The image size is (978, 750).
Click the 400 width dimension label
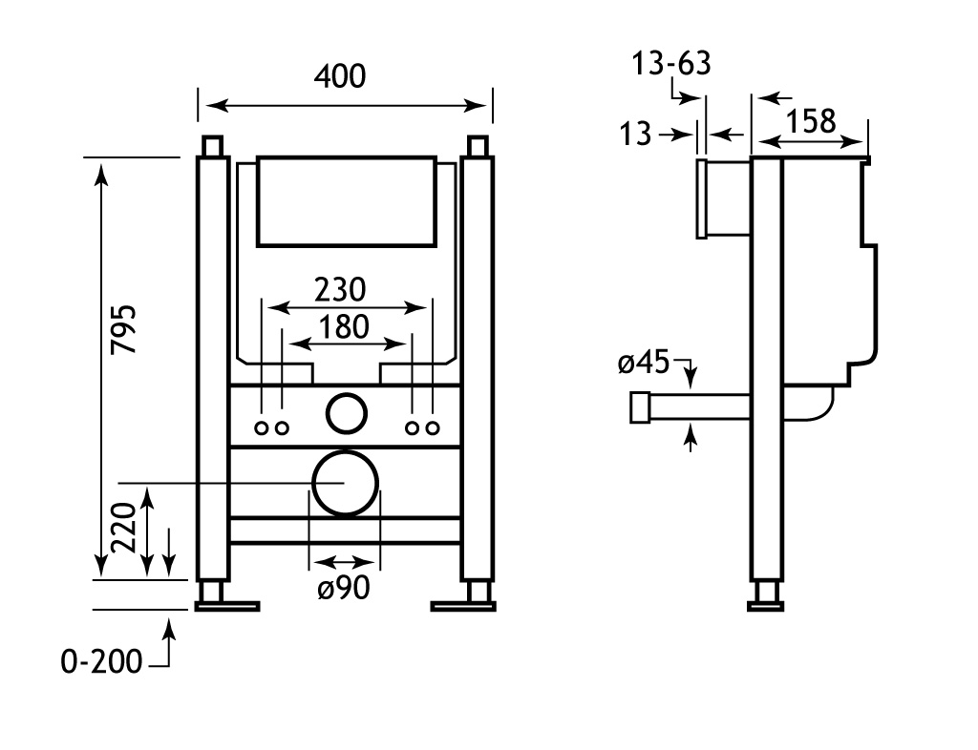340,76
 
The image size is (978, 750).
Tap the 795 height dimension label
124,329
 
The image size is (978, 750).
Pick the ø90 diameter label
343,590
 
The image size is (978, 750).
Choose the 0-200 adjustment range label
101,660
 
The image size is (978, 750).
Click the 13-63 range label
671,66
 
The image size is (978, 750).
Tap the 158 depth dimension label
811,121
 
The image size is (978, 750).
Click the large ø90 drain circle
344,482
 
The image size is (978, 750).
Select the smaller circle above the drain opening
346,412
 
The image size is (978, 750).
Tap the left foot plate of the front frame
227,605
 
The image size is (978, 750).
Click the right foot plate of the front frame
462,605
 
